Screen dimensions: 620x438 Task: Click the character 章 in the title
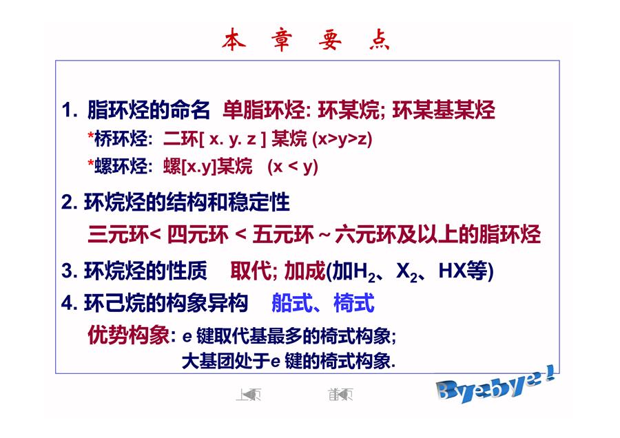[x=282, y=39]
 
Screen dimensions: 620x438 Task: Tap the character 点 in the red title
[x=380, y=39]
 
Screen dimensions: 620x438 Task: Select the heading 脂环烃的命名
[x=148, y=109]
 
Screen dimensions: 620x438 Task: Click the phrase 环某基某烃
[x=444, y=109]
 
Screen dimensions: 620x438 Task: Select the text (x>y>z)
[x=342, y=138]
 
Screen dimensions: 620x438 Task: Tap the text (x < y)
[x=293, y=167]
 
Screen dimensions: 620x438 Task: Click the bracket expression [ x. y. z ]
[x=234, y=138]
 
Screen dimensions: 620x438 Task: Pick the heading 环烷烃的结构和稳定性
[x=187, y=202]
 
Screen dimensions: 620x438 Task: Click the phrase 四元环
[x=198, y=234]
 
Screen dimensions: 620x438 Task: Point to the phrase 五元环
[x=283, y=234]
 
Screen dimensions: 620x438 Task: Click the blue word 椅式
[x=354, y=303]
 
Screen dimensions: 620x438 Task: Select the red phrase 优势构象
[x=129, y=335]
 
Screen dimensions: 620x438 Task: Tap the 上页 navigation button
[x=248, y=394]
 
